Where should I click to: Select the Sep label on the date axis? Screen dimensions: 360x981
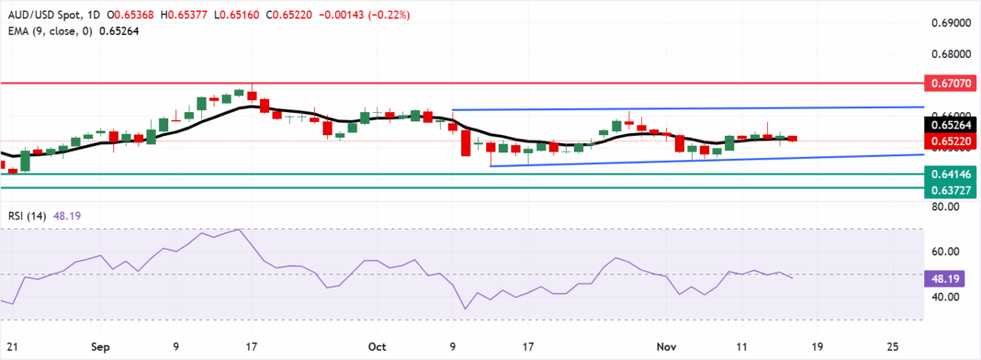(x=101, y=347)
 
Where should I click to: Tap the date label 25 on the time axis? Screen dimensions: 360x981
(x=892, y=347)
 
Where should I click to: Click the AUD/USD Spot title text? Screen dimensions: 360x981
(x=41, y=16)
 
